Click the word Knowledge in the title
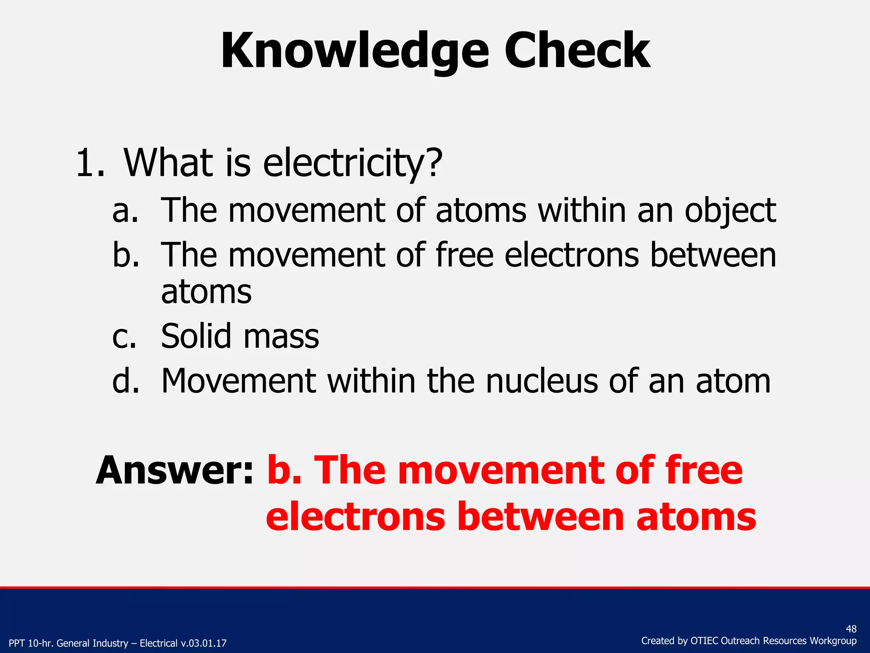pos(355,52)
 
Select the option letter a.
pos(125,211)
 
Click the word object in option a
pos(730,211)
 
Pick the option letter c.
pos(124,337)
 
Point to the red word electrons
pos(356,517)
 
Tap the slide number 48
pos(851,629)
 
